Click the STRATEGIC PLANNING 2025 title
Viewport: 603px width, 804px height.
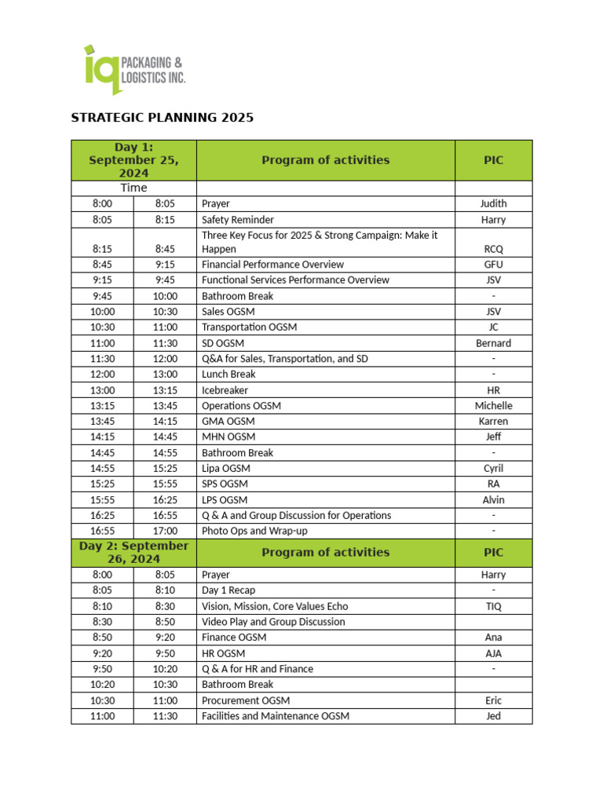point(163,118)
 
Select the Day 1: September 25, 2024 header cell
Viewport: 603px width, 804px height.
point(133,160)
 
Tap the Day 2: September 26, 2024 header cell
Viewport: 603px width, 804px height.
point(133,552)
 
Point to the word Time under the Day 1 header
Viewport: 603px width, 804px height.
point(133,188)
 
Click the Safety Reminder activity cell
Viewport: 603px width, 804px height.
point(238,220)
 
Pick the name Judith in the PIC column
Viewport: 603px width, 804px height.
point(493,204)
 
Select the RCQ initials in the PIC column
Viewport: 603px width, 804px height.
point(493,249)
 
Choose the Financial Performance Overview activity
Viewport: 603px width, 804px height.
point(272,265)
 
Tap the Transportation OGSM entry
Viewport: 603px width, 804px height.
point(249,327)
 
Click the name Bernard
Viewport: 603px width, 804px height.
point(493,343)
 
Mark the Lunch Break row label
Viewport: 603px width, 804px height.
point(228,375)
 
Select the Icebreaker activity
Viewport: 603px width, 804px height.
point(225,390)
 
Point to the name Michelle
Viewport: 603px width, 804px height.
point(493,406)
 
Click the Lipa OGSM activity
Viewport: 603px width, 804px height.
point(226,469)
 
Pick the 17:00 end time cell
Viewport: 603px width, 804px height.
point(165,532)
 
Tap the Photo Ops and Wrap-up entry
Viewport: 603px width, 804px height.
point(254,532)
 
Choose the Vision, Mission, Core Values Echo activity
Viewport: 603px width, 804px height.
point(275,606)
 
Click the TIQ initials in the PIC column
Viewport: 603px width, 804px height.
point(493,606)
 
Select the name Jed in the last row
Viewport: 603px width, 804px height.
point(493,716)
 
